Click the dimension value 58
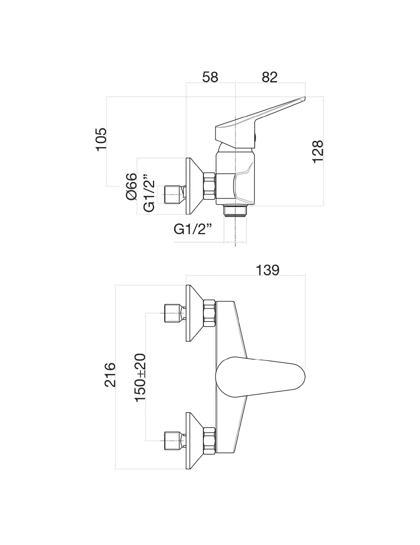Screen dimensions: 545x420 210,77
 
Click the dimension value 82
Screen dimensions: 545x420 269,77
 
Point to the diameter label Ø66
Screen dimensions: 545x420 131,187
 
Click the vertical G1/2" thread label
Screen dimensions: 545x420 148,193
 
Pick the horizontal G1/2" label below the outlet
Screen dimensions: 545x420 194,229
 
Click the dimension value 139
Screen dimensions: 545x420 267,271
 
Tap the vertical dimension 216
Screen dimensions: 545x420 110,375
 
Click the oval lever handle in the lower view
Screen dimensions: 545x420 261,374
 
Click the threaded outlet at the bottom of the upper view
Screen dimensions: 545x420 235,211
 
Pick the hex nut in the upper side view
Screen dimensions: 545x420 209,186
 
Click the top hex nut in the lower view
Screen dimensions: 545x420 209,313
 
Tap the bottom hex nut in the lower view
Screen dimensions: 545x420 209,440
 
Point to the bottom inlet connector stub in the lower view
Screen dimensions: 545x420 173,440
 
